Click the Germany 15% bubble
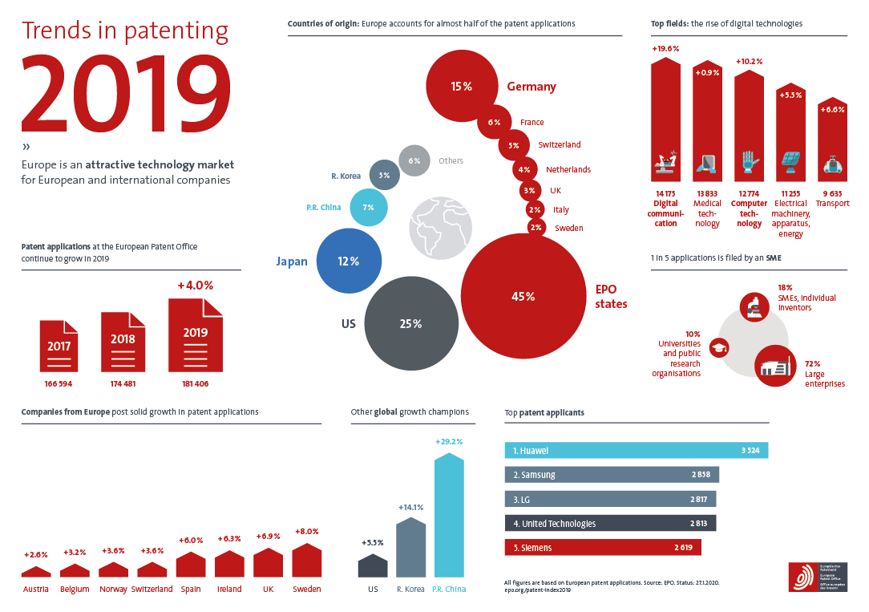coord(461,86)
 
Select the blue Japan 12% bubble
coord(348,261)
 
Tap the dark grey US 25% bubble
coord(410,323)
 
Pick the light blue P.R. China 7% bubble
coord(369,208)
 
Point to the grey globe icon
coord(439,224)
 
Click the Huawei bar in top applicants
coord(636,450)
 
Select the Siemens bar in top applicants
coord(602,548)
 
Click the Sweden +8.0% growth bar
coord(307,561)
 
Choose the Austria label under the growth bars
coord(35,590)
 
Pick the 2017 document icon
coord(59,346)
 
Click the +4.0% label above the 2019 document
coord(196,285)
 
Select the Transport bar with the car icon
coord(831,143)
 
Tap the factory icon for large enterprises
coord(774,366)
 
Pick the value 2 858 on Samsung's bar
coord(701,475)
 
